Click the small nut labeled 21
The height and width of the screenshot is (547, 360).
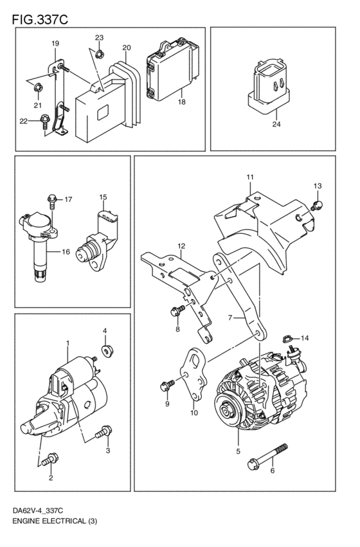(x=39, y=85)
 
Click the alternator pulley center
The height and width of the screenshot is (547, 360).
(x=226, y=408)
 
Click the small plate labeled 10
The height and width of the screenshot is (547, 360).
(x=192, y=373)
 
